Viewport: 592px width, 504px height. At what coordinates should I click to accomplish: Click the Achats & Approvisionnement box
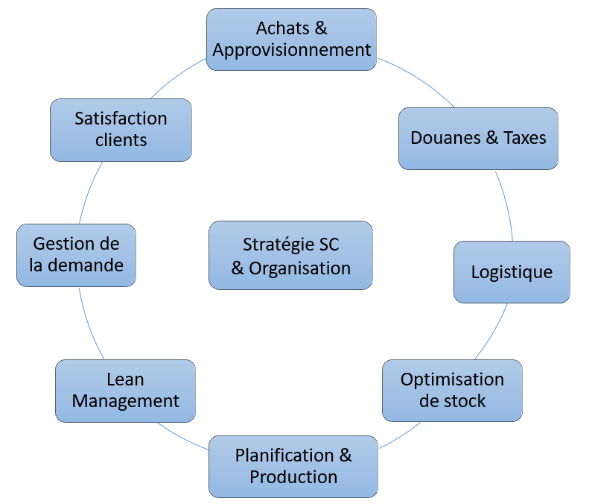[291, 40]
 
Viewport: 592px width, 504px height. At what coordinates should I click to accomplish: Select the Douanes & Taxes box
[478, 138]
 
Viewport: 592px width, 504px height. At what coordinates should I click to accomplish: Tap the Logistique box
[512, 271]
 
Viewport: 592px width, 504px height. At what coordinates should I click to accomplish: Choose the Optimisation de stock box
[452, 390]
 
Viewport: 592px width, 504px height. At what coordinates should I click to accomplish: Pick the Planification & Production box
[293, 466]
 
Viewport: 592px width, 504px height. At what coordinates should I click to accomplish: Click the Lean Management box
[125, 390]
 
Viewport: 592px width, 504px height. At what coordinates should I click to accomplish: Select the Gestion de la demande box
[77, 254]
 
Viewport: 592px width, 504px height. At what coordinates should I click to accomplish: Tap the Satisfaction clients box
[121, 129]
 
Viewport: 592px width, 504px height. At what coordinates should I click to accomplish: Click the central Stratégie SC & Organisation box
[290, 256]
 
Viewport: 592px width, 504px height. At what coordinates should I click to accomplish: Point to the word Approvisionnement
[291, 50]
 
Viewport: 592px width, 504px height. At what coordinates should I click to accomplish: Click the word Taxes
[524, 138]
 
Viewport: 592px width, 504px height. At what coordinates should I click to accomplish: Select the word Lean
[125, 379]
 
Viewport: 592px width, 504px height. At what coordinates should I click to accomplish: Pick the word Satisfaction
[121, 119]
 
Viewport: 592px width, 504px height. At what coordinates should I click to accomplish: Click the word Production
[293, 476]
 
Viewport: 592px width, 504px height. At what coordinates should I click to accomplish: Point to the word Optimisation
[452, 379]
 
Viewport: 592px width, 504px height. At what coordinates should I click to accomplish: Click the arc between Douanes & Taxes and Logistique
[506, 205]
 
